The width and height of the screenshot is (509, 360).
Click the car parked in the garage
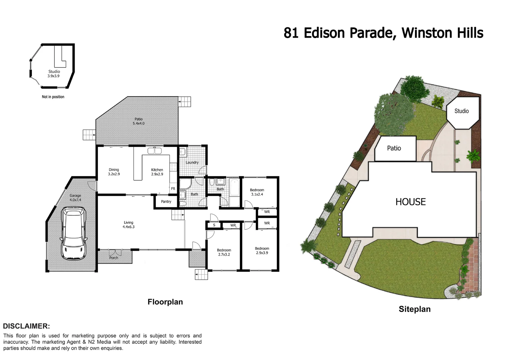coord(73,233)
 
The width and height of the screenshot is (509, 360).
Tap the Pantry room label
coord(166,202)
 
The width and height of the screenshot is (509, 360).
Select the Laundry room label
coord(192,163)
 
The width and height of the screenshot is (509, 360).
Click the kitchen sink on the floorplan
coord(155,151)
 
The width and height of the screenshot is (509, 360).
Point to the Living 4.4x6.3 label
coord(129,225)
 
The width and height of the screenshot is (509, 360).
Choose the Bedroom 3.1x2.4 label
coord(257,192)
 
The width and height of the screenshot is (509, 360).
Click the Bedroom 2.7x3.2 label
coord(224,252)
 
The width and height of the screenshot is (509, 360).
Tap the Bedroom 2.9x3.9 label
coord(262,251)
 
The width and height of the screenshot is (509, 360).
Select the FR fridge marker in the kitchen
coord(173,189)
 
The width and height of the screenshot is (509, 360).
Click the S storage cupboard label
coord(214,225)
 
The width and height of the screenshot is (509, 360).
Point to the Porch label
coord(114,258)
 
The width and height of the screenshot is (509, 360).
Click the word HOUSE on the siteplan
coord(410,202)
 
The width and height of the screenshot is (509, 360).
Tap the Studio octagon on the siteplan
coord(462,111)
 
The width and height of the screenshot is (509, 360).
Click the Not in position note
coord(53,97)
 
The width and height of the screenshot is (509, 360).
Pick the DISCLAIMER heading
coord(27,326)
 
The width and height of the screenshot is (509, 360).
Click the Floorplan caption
coord(165,302)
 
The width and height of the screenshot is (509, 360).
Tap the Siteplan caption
coord(414,309)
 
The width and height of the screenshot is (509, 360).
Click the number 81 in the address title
coord(291,33)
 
